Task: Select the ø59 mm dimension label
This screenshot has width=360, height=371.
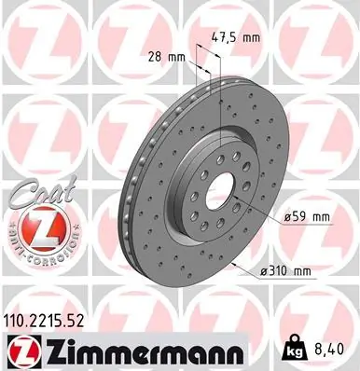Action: point(307,216)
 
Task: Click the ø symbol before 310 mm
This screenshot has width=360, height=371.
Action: point(270,272)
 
